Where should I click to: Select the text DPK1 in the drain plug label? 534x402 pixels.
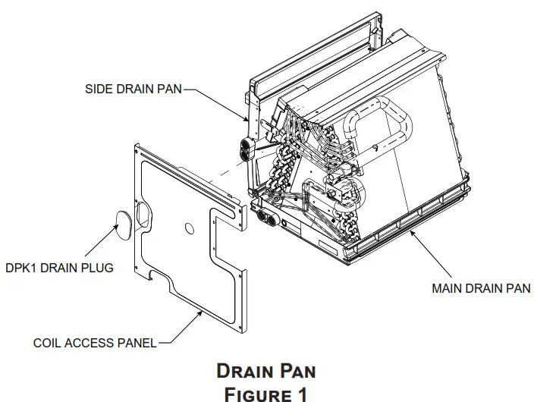tap(18, 269)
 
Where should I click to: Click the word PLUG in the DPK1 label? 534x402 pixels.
tap(99, 269)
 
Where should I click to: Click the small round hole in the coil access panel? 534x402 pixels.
tap(187, 226)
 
